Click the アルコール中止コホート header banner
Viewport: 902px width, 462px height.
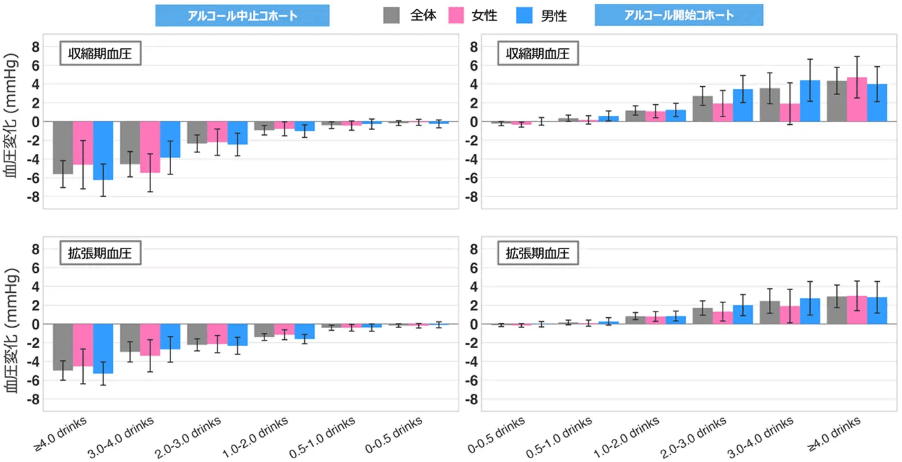(242, 16)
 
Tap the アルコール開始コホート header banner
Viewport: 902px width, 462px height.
(679, 15)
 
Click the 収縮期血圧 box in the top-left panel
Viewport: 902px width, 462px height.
(100, 54)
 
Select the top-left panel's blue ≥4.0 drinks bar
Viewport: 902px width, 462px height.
(103, 151)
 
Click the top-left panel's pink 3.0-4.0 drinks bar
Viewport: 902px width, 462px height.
(150, 147)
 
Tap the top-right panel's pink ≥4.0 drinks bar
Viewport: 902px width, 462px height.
(856, 100)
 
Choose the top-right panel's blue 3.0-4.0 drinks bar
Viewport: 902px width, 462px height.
(809, 101)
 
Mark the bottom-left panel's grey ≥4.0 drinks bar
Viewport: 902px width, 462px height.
(62, 347)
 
